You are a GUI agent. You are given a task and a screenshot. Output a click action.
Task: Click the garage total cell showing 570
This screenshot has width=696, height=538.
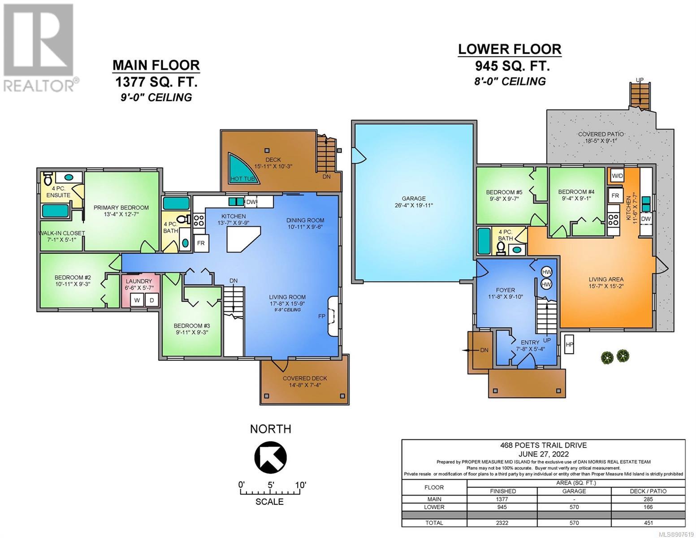tap(574, 523)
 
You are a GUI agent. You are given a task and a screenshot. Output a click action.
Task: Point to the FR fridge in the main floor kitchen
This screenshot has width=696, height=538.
tap(201, 243)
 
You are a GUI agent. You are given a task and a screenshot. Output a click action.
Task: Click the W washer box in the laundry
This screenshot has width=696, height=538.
tap(137, 300)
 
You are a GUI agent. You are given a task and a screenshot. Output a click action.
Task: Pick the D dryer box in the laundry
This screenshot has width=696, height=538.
tap(151, 300)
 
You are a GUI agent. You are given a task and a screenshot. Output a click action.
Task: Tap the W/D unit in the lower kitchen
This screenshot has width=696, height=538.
tap(617, 176)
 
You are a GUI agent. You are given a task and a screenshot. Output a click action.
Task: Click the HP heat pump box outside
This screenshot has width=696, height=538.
tap(569, 344)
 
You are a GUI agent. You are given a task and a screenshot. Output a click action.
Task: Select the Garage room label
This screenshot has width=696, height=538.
tap(414, 199)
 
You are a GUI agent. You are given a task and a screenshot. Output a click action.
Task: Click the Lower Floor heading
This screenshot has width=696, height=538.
tap(510, 49)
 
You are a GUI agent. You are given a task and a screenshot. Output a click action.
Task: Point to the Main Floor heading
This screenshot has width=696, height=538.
tap(156, 65)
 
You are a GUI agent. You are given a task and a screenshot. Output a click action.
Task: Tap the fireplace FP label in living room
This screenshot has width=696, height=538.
tap(322, 317)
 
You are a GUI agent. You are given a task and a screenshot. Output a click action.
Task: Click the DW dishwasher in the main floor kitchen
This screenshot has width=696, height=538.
tap(251, 202)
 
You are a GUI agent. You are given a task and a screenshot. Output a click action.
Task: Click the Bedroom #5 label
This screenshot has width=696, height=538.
tap(504, 192)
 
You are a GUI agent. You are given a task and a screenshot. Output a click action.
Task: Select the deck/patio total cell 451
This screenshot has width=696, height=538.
tap(648, 523)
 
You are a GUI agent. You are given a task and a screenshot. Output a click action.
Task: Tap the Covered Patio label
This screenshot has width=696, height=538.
tap(601, 134)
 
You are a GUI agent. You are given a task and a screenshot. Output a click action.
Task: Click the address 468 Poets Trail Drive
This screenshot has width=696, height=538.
tap(544, 445)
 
